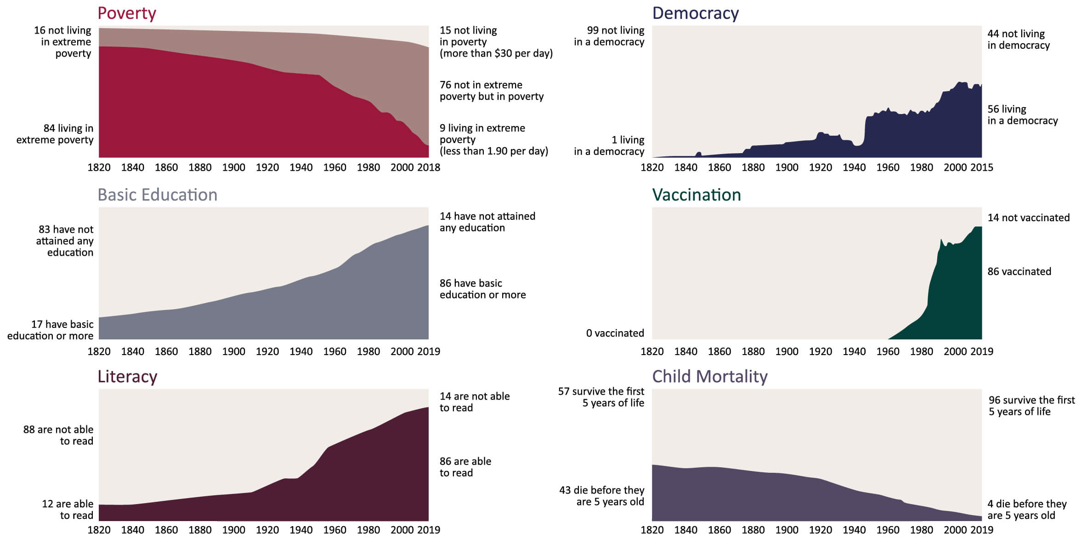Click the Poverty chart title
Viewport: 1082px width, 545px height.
pyautogui.click(x=127, y=13)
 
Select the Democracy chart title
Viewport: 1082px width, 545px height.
pyautogui.click(x=695, y=13)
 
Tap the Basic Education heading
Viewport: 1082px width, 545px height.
pyautogui.click(x=157, y=195)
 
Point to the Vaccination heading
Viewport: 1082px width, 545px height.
pyautogui.click(x=696, y=195)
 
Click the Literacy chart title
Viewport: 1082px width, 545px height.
pyautogui.click(x=127, y=377)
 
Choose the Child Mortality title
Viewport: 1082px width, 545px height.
pyautogui.click(x=709, y=377)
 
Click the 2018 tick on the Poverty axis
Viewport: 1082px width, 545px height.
pyautogui.click(x=429, y=167)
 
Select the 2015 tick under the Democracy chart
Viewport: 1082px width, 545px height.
pyautogui.click(x=981, y=167)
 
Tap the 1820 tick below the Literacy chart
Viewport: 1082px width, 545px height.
pyautogui.click(x=99, y=530)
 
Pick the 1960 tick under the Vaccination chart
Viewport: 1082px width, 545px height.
pyautogui.click(x=888, y=351)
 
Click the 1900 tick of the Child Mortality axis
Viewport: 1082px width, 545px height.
pyautogui.click(x=787, y=530)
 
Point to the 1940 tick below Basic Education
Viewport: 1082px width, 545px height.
pyautogui.click(x=301, y=351)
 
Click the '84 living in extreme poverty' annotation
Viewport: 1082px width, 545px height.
pyautogui.click(x=55, y=134)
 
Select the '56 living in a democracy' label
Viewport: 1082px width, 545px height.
pyautogui.click(x=1022, y=115)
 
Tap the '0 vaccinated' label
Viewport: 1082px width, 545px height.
pyautogui.click(x=615, y=333)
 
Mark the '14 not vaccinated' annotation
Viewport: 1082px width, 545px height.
pyautogui.click(x=1028, y=218)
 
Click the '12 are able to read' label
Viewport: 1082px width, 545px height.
pyautogui.click(x=68, y=510)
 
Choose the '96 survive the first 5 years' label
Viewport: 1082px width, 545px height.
pyautogui.click(x=1031, y=406)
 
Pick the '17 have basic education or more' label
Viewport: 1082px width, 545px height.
pyautogui.click(x=51, y=330)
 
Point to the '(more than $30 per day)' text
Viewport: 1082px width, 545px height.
pyautogui.click(x=496, y=53)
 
